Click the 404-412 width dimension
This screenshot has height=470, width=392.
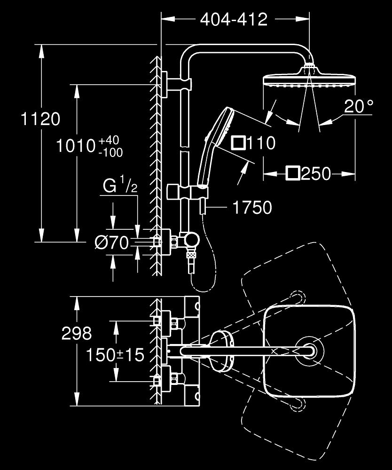coord(234,19)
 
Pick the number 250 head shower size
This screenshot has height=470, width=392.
coord(316,174)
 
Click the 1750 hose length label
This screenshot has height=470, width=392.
coord(252,207)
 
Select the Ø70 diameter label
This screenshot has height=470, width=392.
coord(111,243)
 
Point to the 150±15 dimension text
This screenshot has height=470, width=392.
coord(114,355)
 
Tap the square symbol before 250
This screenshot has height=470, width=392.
coord(292,174)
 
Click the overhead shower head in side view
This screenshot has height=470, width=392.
coord(308,78)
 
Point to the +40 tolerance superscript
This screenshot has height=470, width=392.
coord(109,141)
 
